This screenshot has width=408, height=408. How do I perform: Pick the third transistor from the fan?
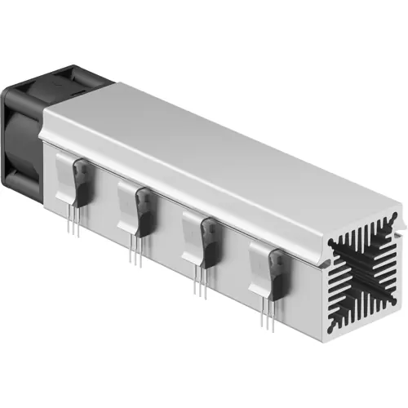click(210, 240)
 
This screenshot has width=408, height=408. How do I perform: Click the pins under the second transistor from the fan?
click(135, 253)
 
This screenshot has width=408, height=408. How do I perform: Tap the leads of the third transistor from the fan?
click(199, 282)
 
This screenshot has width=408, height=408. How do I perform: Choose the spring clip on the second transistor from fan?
click(129, 204)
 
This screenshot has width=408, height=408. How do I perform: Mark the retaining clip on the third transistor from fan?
click(194, 233)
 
